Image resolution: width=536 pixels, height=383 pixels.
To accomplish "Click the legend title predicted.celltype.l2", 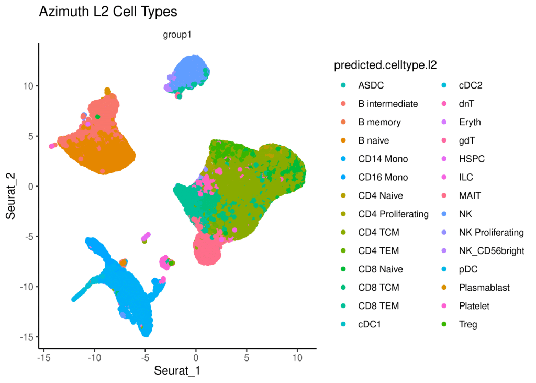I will [x=385, y=65].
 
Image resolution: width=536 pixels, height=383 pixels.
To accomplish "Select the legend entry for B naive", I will [x=373, y=140].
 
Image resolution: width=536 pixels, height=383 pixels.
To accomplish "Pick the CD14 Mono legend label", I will [x=383, y=159].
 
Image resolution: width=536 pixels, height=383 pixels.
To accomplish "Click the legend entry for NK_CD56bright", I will [x=492, y=251].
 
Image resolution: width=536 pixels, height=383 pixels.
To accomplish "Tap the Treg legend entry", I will [x=468, y=324].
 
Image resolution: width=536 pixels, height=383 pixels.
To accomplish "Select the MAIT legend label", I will [x=470, y=195].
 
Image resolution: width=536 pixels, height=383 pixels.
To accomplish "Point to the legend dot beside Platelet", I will [x=444, y=306].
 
